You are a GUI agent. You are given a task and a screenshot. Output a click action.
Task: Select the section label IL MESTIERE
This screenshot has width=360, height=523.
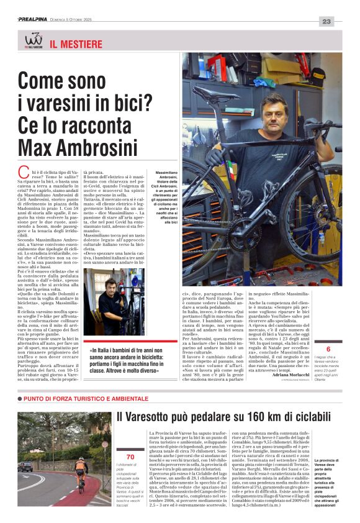click(x=76, y=45)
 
